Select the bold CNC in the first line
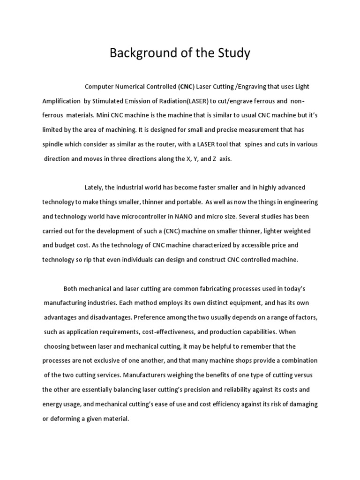point(186,87)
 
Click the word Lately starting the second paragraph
point(94,187)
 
